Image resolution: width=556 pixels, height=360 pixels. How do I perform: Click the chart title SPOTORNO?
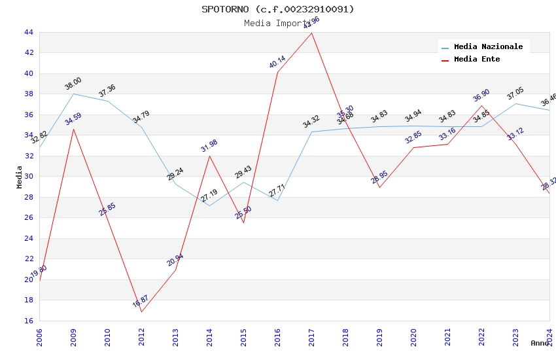[x=277, y=9]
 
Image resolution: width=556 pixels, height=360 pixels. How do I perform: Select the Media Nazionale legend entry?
[x=488, y=46]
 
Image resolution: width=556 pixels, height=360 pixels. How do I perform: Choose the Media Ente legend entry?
[x=477, y=59]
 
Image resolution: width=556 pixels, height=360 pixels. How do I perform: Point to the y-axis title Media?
[x=20, y=177]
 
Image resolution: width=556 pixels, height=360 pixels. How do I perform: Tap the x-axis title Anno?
[x=540, y=343]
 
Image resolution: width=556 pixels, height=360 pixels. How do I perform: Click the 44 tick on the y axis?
[x=28, y=32]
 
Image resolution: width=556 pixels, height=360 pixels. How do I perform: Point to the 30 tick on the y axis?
[x=28, y=177]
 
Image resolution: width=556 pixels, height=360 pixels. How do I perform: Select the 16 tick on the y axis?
[x=28, y=321]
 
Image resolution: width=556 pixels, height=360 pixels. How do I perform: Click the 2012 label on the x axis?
[x=141, y=337]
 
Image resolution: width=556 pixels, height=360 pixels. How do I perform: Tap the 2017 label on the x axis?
[x=311, y=337]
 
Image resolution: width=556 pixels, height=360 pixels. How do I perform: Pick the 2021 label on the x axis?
[x=447, y=337]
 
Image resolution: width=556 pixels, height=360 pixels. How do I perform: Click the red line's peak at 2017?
[x=311, y=33]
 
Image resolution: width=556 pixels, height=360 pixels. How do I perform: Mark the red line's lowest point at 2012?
[x=141, y=312]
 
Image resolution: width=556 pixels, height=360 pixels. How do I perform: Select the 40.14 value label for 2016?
[x=277, y=62]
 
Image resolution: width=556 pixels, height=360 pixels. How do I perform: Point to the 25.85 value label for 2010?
[x=107, y=209]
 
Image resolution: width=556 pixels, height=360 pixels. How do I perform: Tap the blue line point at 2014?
[x=209, y=206]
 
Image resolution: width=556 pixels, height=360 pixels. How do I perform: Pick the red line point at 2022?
[x=481, y=105]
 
